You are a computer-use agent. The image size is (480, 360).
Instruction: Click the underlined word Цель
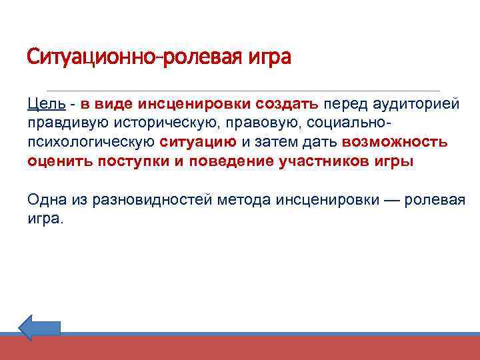click(x=46, y=105)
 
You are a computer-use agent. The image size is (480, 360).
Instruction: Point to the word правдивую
click(x=69, y=123)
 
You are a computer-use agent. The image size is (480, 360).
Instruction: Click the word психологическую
click(x=91, y=142)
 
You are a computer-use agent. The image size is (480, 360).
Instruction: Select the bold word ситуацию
click(x=198, y=142)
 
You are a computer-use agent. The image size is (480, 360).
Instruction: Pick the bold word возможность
click(x=394, y=142)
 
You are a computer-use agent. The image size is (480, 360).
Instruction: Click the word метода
click(x=248, y=199)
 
